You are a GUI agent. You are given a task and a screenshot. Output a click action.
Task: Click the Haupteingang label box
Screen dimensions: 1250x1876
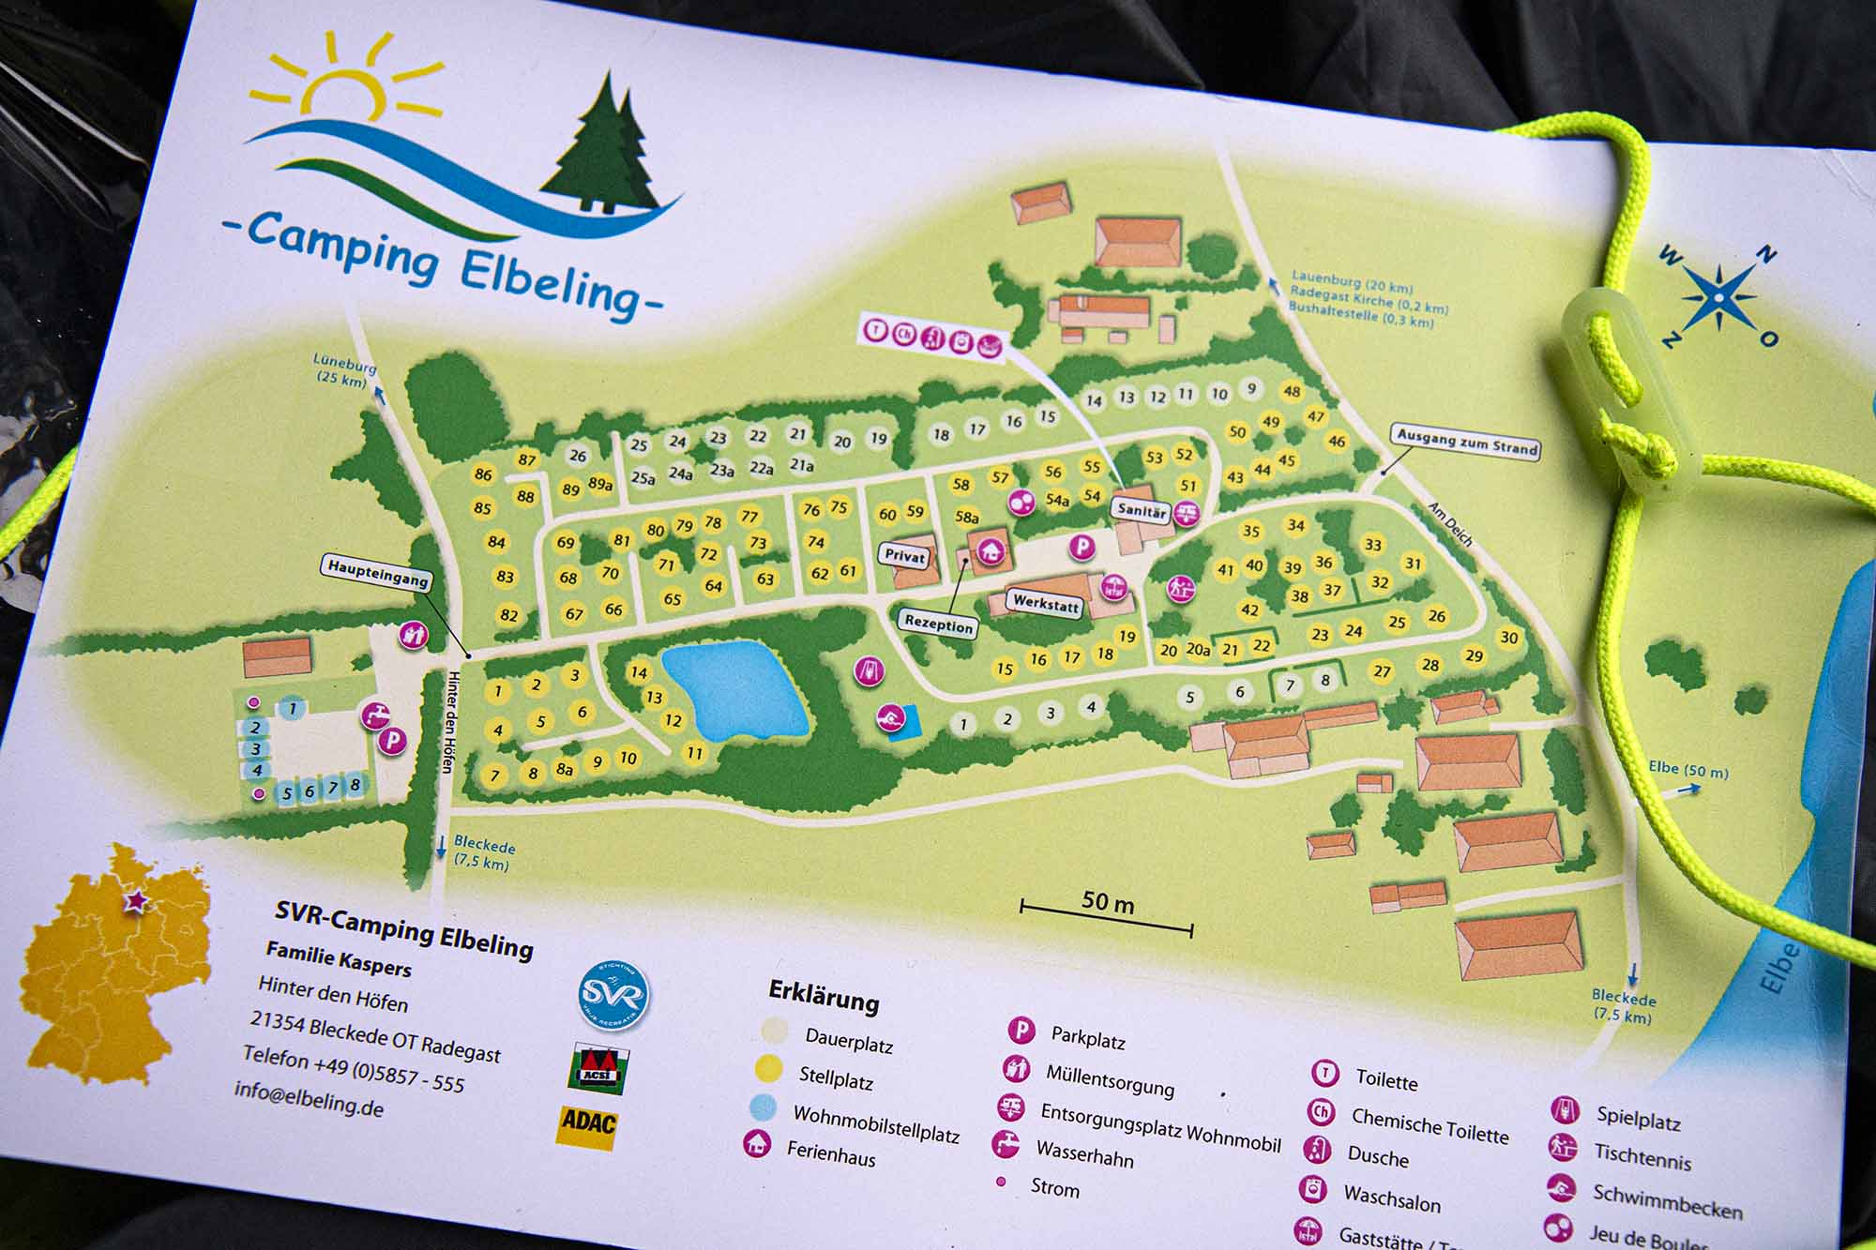[x=378, y=572]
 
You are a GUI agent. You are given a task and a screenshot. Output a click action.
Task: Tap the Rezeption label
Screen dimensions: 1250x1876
[x=938, y=624]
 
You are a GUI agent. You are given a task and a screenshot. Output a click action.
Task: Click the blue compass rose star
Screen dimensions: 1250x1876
[x=1718, y=297]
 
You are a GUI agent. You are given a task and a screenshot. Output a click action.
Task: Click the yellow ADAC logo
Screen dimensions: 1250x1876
[x=588, y=1122]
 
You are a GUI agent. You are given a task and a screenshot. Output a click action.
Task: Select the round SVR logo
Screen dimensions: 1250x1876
[x=613, y=994]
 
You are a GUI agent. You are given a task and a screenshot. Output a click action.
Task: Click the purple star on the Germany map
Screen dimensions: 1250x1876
[x=137, y=901]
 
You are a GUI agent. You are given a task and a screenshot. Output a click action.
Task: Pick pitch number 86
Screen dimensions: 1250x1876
[x=483, y=474]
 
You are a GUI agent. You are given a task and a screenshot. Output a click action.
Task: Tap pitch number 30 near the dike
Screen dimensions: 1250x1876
[x=1508, y=638]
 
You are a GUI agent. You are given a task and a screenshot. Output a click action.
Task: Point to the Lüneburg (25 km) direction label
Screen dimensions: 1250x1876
[x=343, y=371]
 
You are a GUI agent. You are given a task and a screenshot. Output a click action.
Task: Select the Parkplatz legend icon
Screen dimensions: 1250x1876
[x=1021, y=1031]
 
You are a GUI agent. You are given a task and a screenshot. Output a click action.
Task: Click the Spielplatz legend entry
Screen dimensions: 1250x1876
[x=1637, y=1118]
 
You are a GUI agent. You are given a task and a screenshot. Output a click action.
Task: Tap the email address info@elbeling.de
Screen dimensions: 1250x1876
[x=309, y=1098]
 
